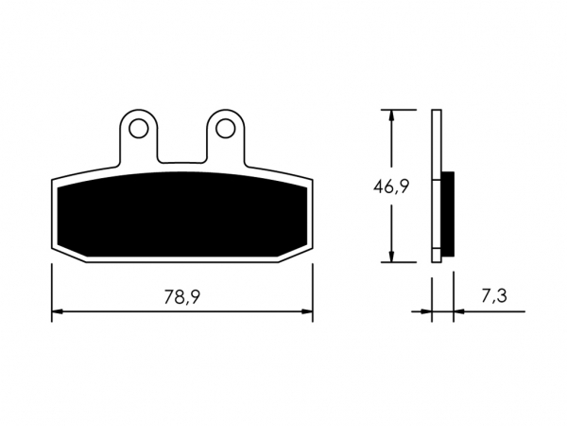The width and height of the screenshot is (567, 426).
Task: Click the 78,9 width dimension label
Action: tap(181, 297)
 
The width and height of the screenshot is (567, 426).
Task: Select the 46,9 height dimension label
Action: tap(391, 186)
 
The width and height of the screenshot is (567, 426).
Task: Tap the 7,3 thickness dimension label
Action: tap(494, 296)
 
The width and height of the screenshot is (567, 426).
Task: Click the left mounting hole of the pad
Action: tap(139, 128)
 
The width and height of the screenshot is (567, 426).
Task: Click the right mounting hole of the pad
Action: tap(226, 128)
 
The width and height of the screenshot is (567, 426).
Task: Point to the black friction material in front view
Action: tap(182, 215)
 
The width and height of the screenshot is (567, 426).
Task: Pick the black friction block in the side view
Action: tap(448, 214)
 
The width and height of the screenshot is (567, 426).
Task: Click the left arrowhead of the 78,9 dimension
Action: tap(57, 311)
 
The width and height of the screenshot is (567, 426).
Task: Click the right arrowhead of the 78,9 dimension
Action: tap(307, 311)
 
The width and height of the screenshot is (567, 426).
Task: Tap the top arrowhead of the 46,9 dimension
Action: tap(391, 115)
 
